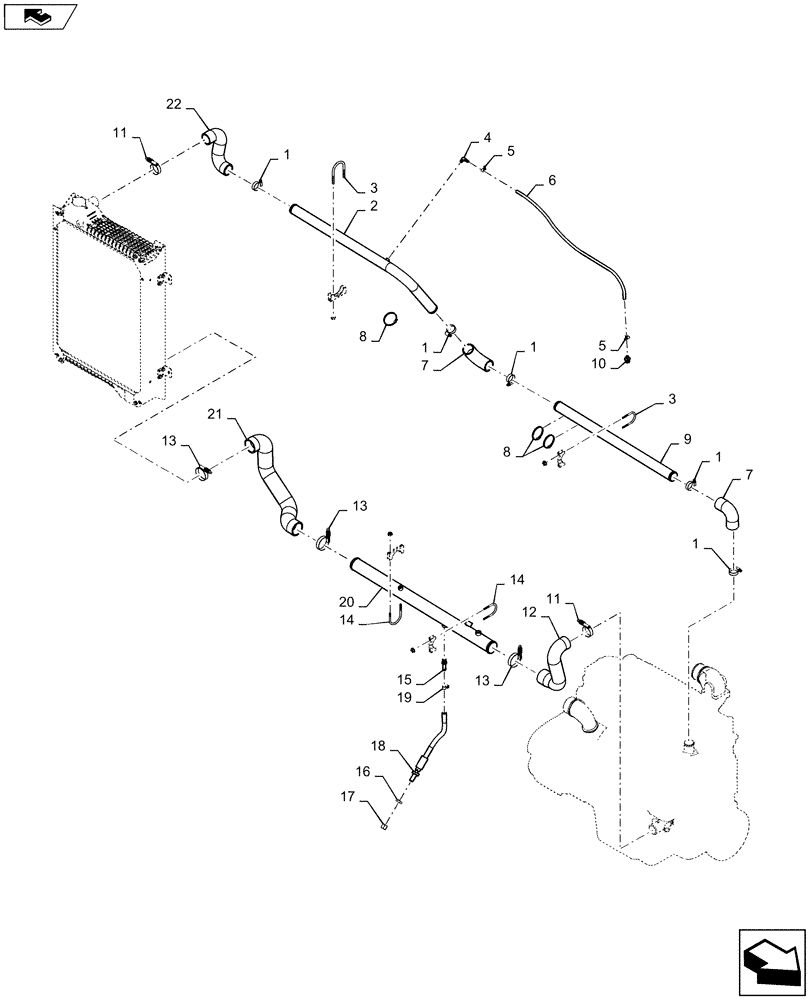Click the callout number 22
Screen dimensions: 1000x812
pos(173,104)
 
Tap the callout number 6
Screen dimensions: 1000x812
pos(551,182)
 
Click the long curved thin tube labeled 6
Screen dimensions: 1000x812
pos(580,240)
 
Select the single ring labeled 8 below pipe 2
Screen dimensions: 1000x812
pos(388,322)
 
